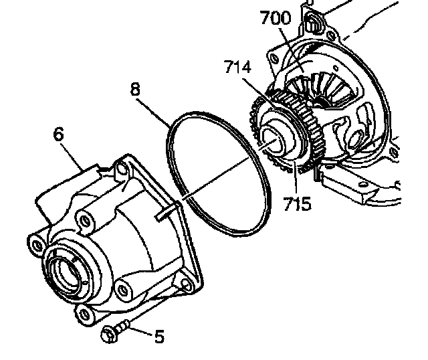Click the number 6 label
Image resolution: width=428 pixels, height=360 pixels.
pyautogui.click(x=59, y=134)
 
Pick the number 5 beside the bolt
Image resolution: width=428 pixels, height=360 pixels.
pyautogui.click(x=158, y=336)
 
